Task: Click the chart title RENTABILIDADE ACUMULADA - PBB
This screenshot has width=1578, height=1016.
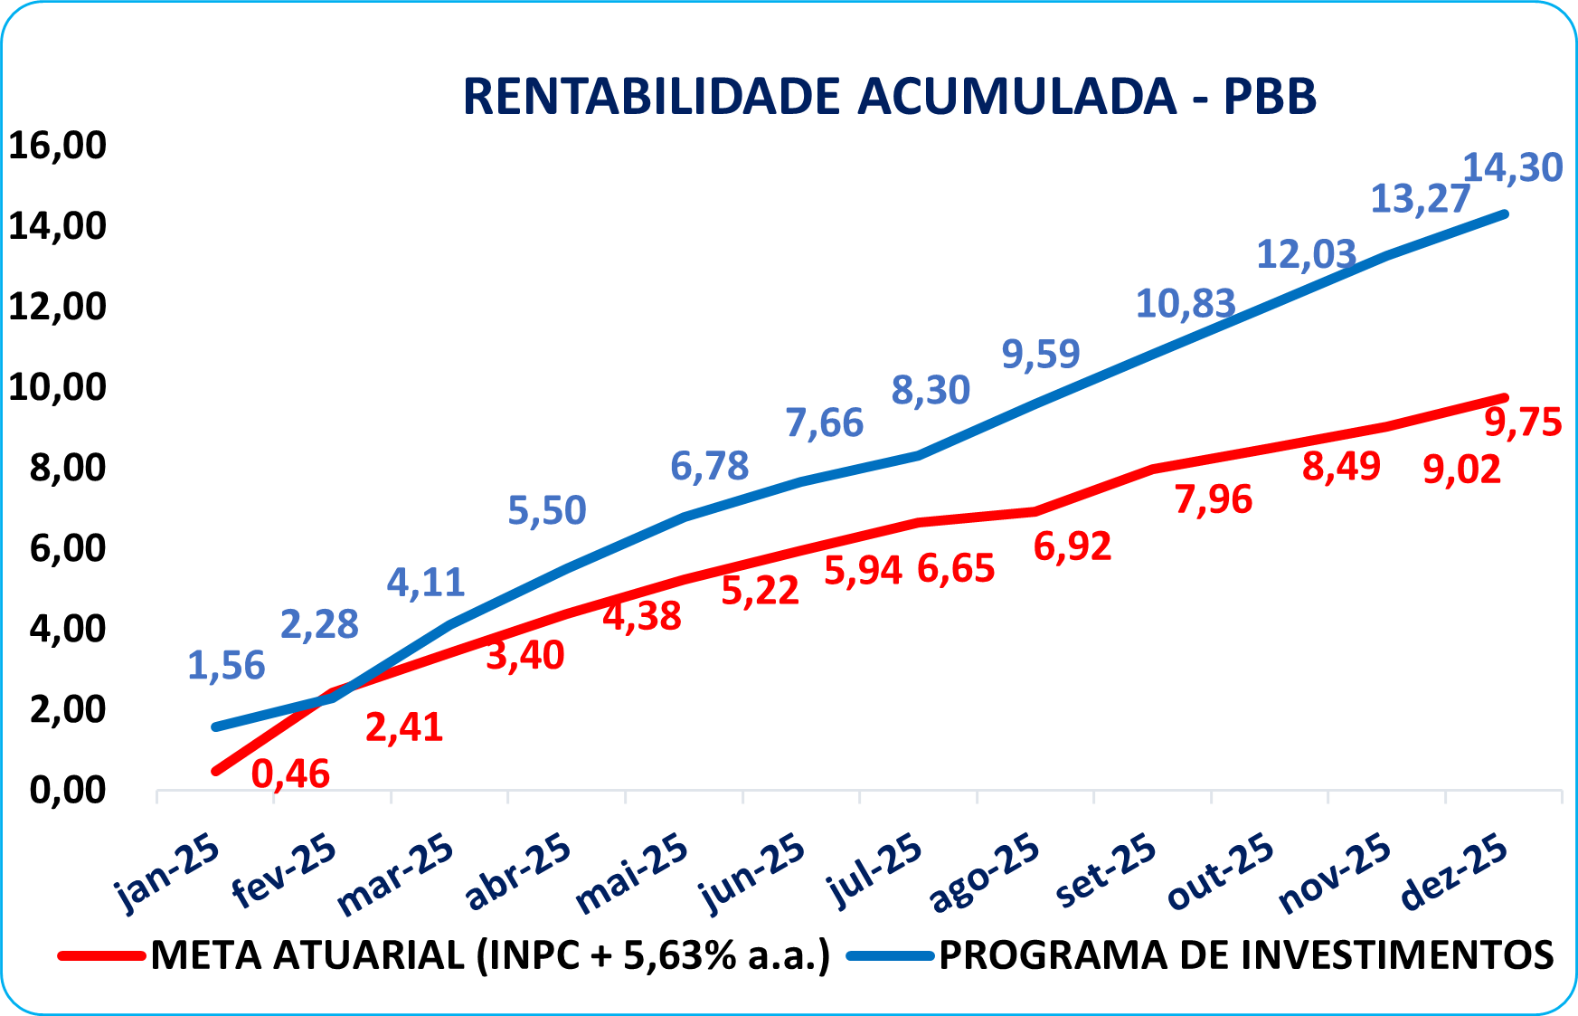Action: pos(889,96)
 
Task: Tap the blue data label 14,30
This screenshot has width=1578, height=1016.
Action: pos(1512,167)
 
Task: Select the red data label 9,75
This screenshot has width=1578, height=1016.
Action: pos(1524,422)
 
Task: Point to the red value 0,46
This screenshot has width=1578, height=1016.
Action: pos(290,774)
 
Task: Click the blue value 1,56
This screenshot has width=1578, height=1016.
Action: pos(226,666)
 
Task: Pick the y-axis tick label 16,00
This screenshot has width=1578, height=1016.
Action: pos(57,145)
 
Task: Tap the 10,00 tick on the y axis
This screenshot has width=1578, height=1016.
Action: pos(57,387)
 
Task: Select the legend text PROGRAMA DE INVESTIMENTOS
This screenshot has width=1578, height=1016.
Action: pos(1246,955)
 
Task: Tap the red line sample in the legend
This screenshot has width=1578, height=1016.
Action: pos(100,956)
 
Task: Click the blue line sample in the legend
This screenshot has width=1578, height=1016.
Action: pos(890,956)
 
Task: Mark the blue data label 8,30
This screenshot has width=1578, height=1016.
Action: pos(931,390)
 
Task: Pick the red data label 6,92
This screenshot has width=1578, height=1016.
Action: pos(1072,546)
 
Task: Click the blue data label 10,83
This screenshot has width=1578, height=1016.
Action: pos(1185,304)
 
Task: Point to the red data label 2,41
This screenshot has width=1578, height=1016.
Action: pos(404,727)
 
